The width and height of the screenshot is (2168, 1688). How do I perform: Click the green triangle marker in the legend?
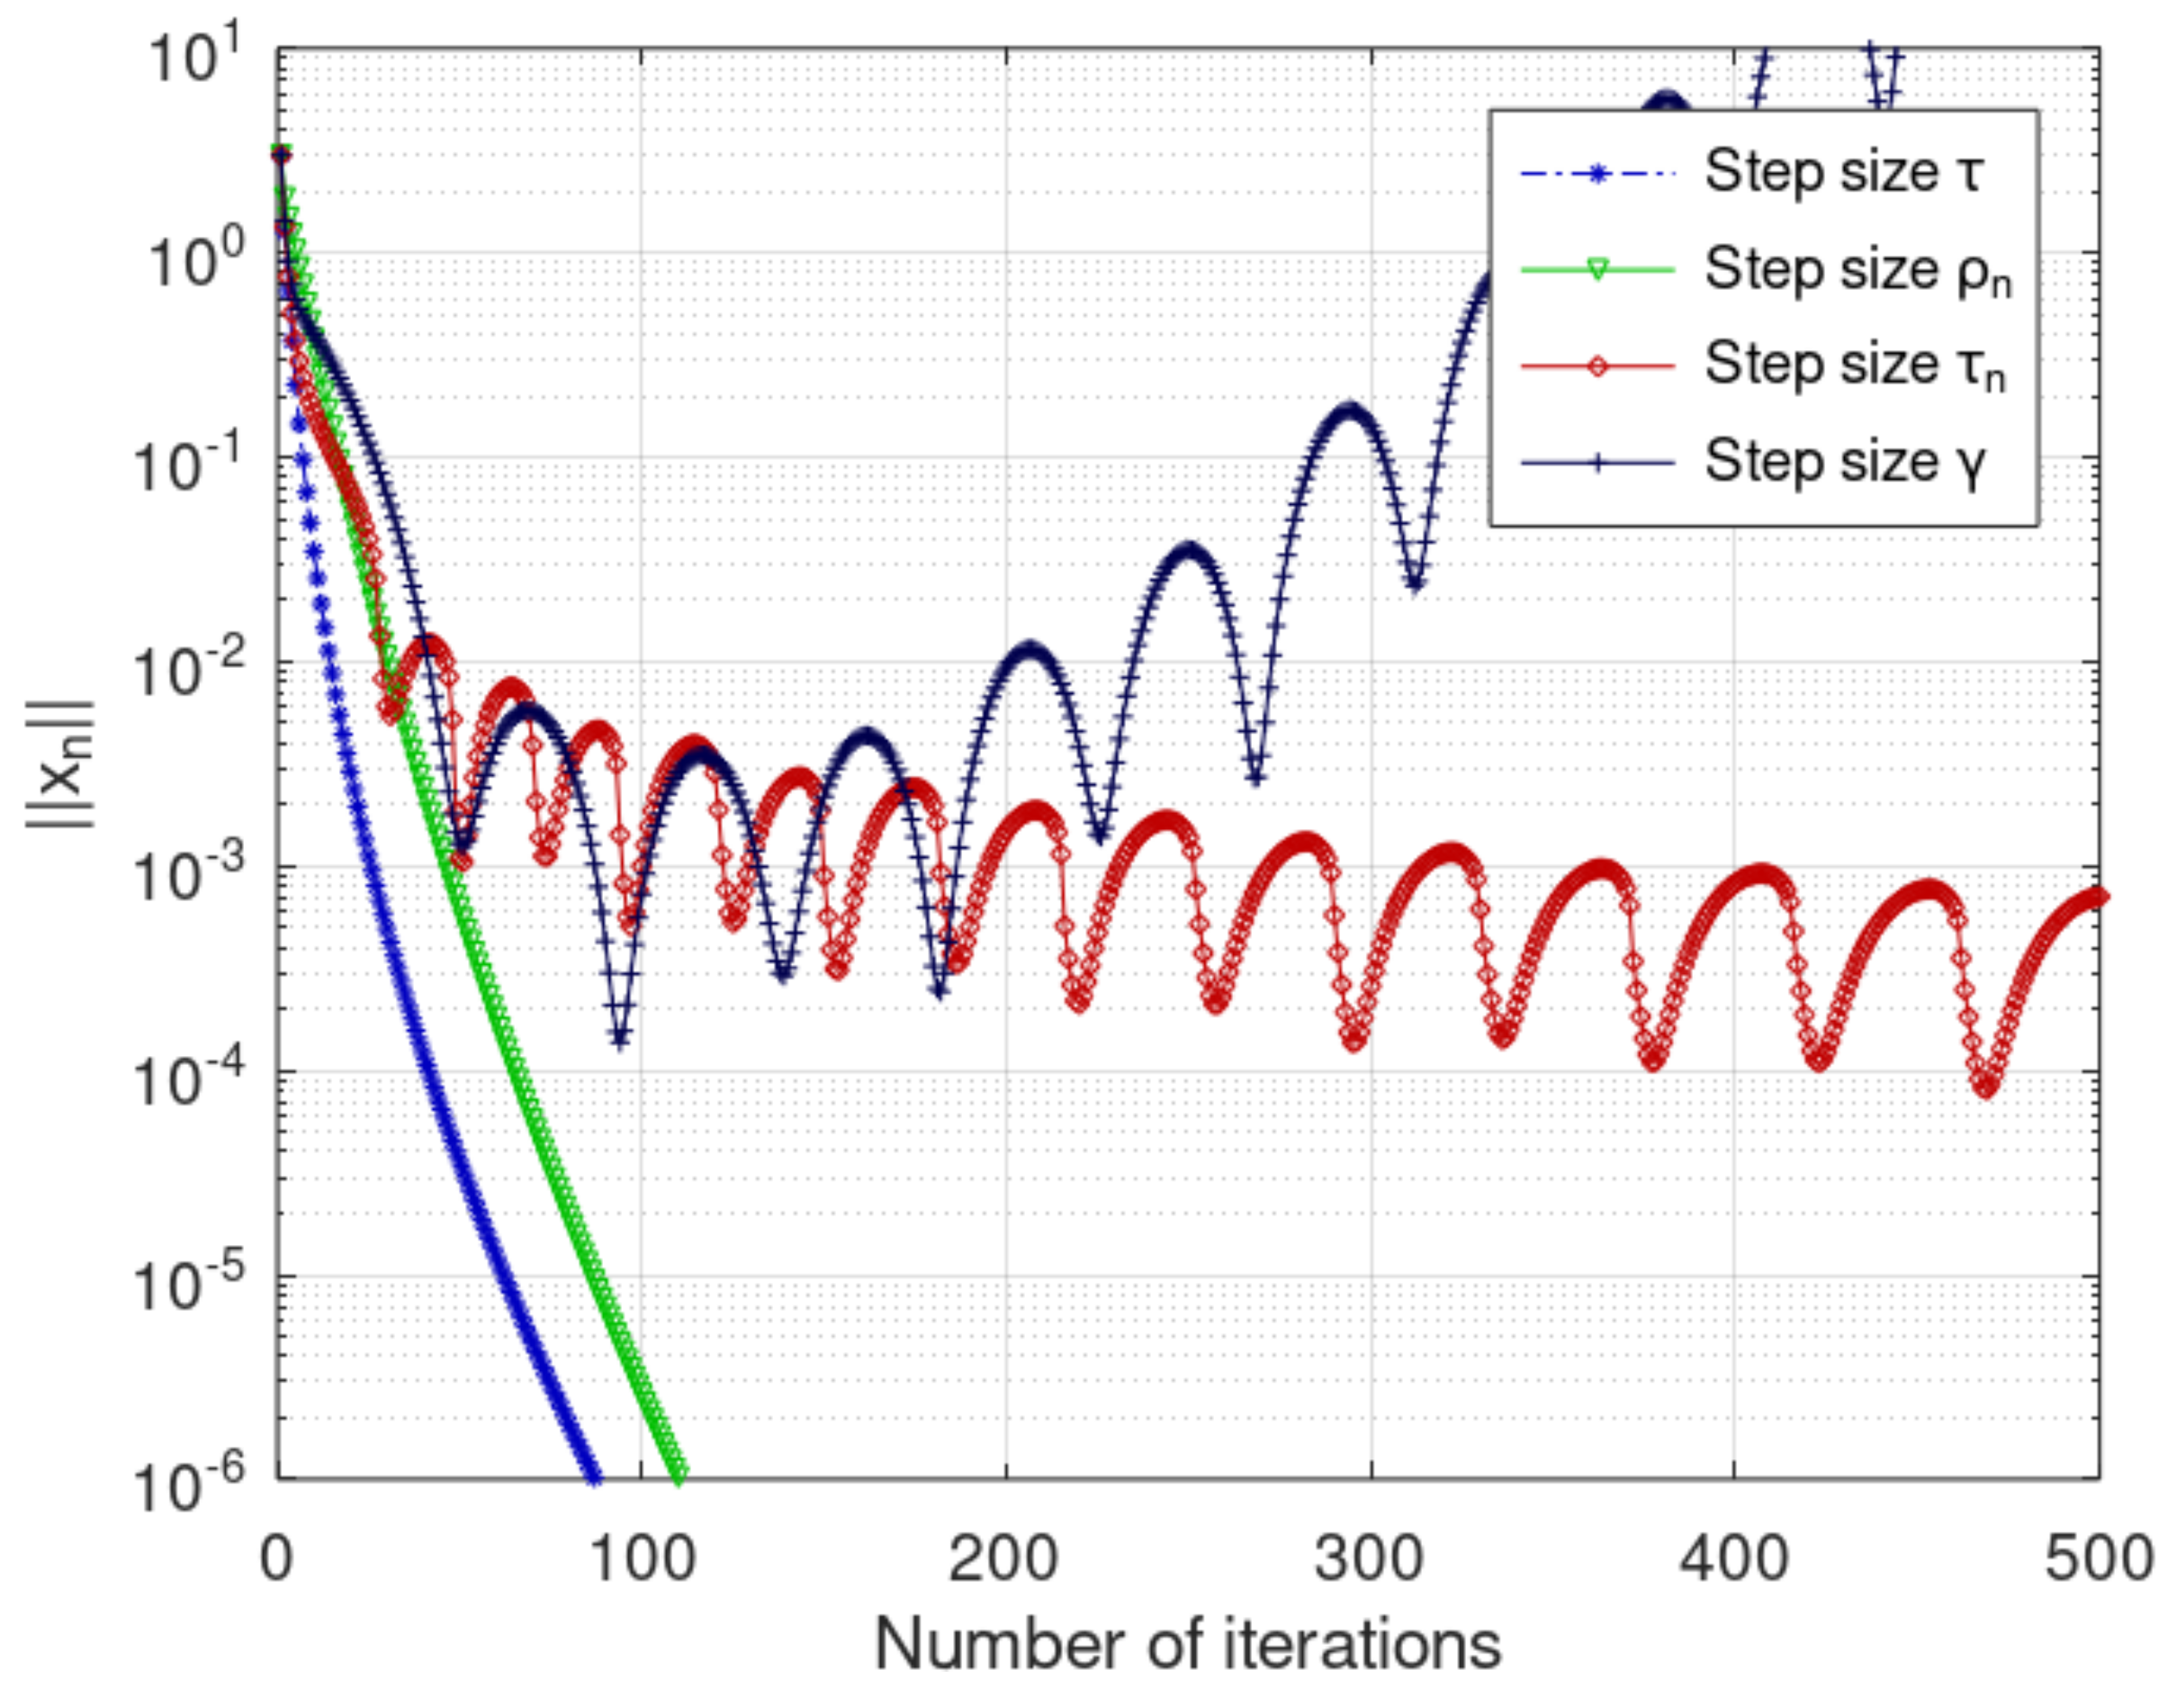click(x=1597, y=269)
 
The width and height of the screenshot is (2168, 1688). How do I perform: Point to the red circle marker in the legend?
click(x=1597, y=366)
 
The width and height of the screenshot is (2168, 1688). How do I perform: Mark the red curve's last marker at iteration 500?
click(x=2099, y=897)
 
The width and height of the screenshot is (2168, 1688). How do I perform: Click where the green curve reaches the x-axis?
click(x=679, y=1476)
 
